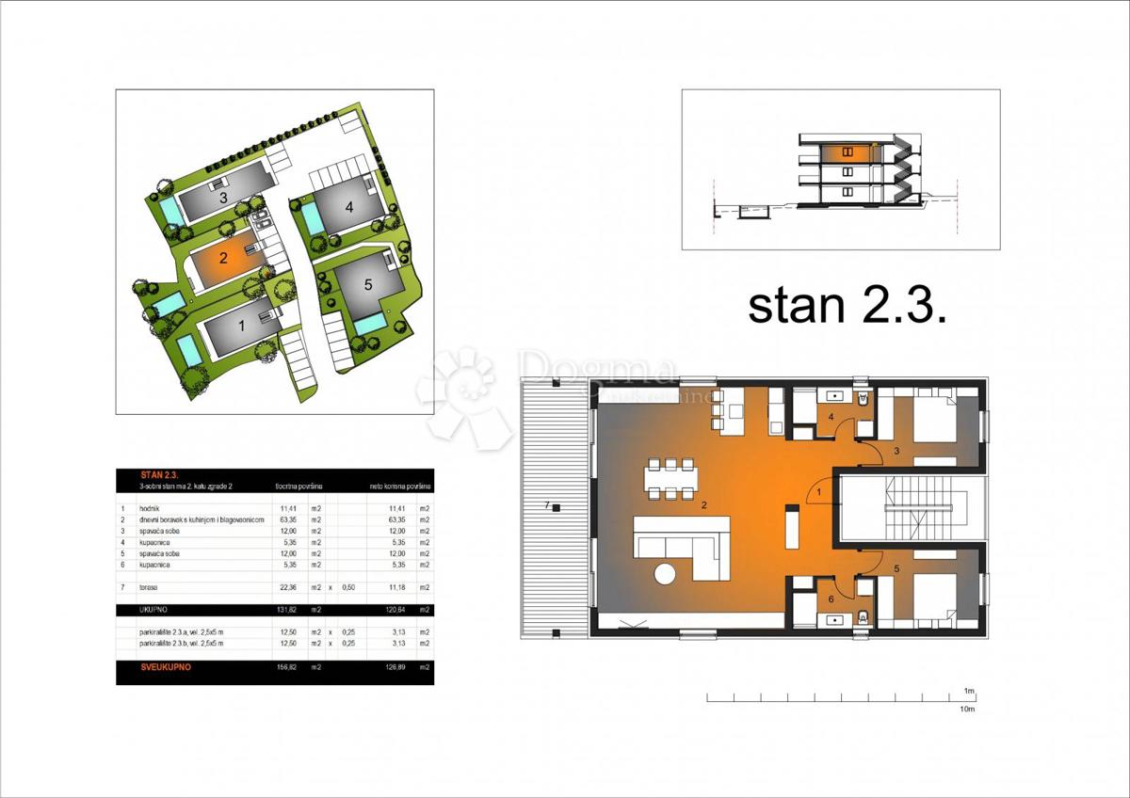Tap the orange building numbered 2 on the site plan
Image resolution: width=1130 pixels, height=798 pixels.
click(222, 258)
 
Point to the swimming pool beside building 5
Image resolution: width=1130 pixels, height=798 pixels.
click(369, 325)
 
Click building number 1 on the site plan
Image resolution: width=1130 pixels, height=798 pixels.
click(241, 327)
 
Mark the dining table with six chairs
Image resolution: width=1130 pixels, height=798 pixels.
click(671, 478)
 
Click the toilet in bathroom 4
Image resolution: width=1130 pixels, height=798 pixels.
click(864, 399)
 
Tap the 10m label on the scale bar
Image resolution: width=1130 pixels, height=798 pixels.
click(966, 710)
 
